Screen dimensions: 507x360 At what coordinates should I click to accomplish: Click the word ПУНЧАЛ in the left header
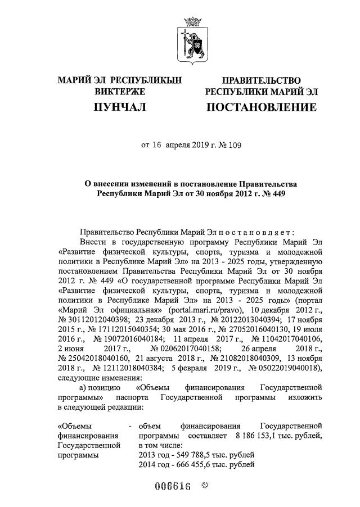click(x=120, y=107)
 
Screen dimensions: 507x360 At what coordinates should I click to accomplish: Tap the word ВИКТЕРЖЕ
click(x=120, y=92)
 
